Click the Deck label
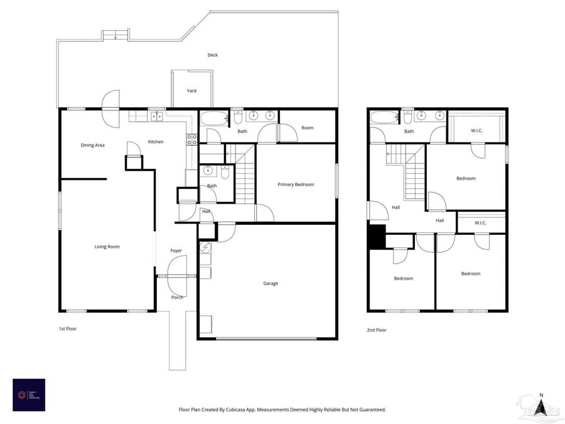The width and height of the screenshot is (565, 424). [213, 55]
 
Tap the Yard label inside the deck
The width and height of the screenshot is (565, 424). [191, 91]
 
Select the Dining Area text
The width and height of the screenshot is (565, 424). [92, 145]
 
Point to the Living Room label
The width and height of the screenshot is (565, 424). [107, 247]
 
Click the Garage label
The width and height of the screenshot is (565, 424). [271, 283]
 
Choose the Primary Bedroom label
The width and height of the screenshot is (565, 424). [296, 185]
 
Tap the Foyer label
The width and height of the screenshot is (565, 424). [176, 251]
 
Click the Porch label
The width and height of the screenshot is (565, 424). [177, 297]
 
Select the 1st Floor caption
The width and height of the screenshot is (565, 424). [67, 329]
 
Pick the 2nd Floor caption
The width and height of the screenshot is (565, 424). [377, 330]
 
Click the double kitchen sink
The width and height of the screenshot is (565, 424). [156, 116]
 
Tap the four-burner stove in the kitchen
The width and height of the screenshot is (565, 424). [191, 139]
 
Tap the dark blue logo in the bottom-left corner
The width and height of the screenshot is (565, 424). [29, 395]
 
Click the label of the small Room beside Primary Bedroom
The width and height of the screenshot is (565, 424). [307, 128]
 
